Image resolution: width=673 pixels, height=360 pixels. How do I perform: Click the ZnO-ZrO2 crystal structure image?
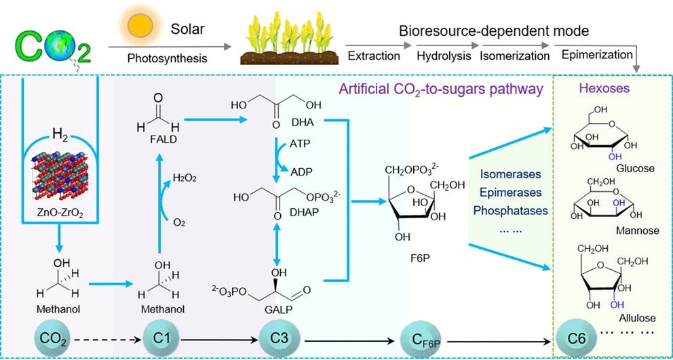click(60, 172)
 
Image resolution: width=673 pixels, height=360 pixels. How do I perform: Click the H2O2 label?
click(185, 178)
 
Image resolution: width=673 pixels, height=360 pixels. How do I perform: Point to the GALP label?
click(276, 311)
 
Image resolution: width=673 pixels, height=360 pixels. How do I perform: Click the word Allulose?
click(637, 318)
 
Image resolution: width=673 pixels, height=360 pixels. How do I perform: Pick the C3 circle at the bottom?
click(277, 339)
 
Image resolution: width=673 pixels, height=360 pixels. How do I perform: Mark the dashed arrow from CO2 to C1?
click(108, 341)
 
